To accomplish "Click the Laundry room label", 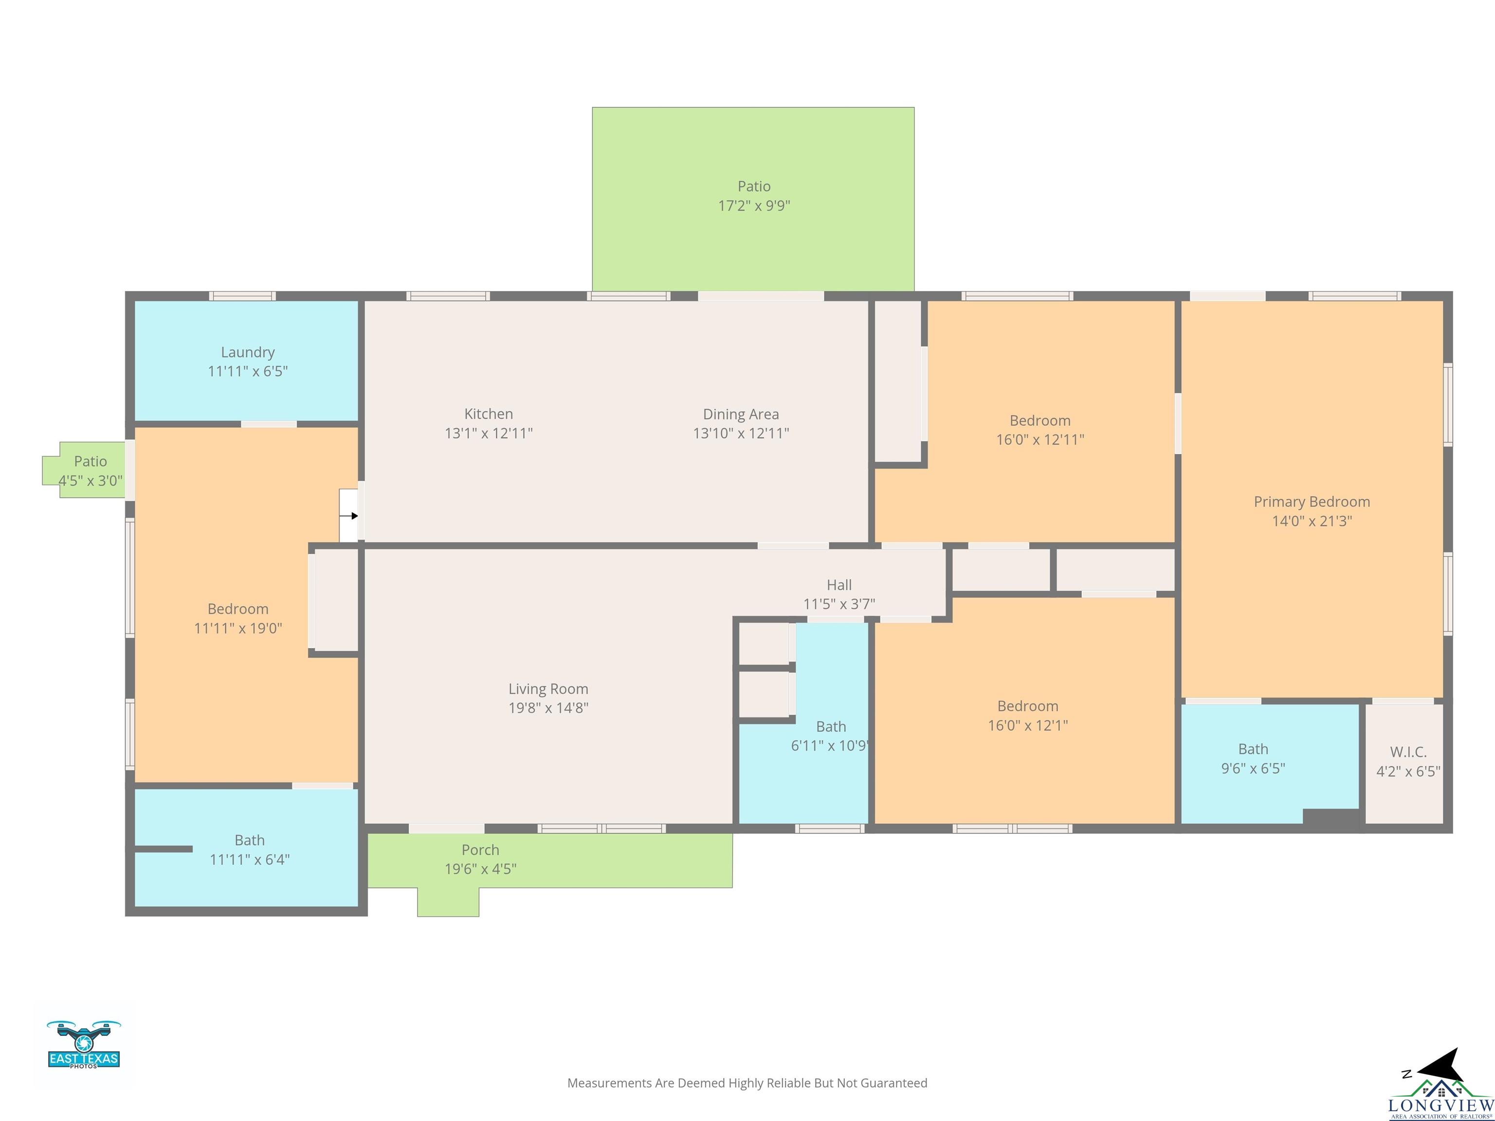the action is click(248, 362).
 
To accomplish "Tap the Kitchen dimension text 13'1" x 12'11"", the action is click(489, 433).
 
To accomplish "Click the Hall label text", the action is click(839, 585).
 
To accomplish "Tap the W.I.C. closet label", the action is click(1408, 752).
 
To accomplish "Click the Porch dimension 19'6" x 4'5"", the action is click(480, 869).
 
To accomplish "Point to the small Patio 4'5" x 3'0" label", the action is click(91, 471).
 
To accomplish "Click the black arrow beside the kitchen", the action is click(349, 516).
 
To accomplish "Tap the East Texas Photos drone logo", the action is click(84, 1044).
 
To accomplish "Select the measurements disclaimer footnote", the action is click(747, 1083).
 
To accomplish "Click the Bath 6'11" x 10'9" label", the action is click(831, 736).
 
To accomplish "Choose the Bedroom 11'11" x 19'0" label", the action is click(238, 618).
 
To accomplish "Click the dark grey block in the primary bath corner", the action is click(1331, 817).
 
